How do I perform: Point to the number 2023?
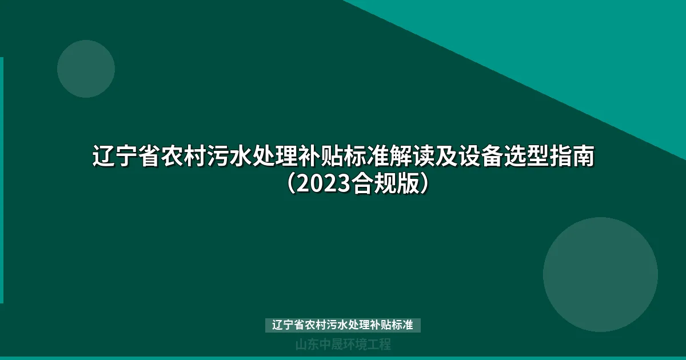coord(324,185)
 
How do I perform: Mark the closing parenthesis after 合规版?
coord(425,185)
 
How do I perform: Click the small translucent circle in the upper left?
coord(86,69)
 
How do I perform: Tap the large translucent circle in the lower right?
coord(600,274)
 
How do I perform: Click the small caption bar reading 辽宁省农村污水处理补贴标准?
coord(343,325)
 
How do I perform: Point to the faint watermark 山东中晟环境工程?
coord(343,345)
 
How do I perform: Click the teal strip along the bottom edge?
coord(343,358)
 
